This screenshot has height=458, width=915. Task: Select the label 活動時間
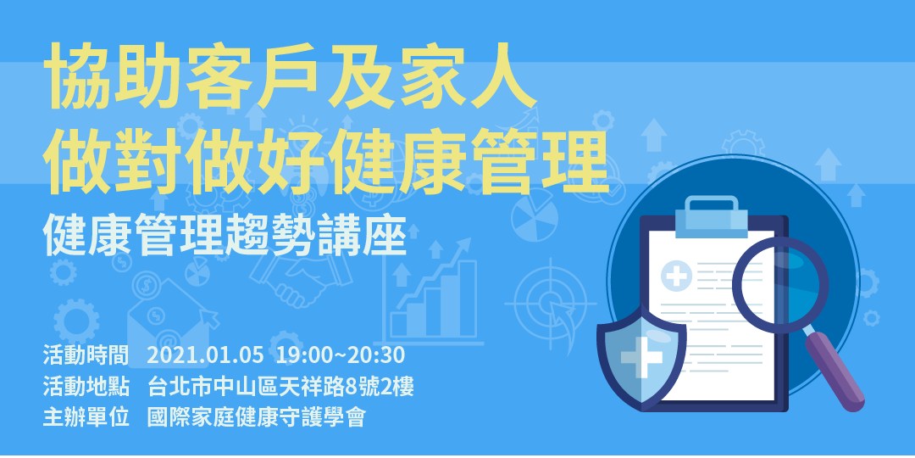pyautogui.click(x=86, y=355)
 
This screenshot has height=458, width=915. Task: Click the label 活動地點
pyautogui.click(x=86, y=387)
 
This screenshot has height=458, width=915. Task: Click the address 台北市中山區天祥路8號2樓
pyautogui.click(x=280, y=387)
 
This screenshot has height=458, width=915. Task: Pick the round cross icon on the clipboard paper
pyautogui.click(x=677, y=276)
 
